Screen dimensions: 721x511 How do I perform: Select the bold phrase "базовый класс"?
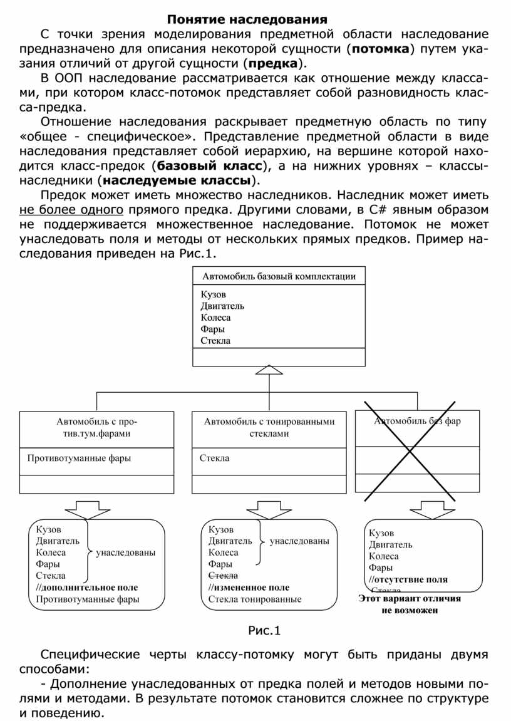click(209, 166)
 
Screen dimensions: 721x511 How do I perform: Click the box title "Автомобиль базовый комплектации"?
click(279, 276)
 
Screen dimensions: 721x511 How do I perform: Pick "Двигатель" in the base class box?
click(222, 306)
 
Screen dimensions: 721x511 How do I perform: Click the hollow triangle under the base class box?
click(270, 371)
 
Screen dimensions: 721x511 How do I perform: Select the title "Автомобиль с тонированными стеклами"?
click(269, 427)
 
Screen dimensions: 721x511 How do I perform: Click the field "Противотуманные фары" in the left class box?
click(79, 458)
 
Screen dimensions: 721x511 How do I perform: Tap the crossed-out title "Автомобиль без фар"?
click(417, 421)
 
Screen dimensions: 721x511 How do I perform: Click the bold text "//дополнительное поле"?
click(86, 588)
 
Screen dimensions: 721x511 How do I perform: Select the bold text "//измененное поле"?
click(249, 588)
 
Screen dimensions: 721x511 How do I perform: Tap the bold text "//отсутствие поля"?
click(408, 579)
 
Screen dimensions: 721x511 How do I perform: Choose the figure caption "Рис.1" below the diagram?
click(265, 630)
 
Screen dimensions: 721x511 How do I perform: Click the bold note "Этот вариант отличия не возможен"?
click(410, 604)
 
